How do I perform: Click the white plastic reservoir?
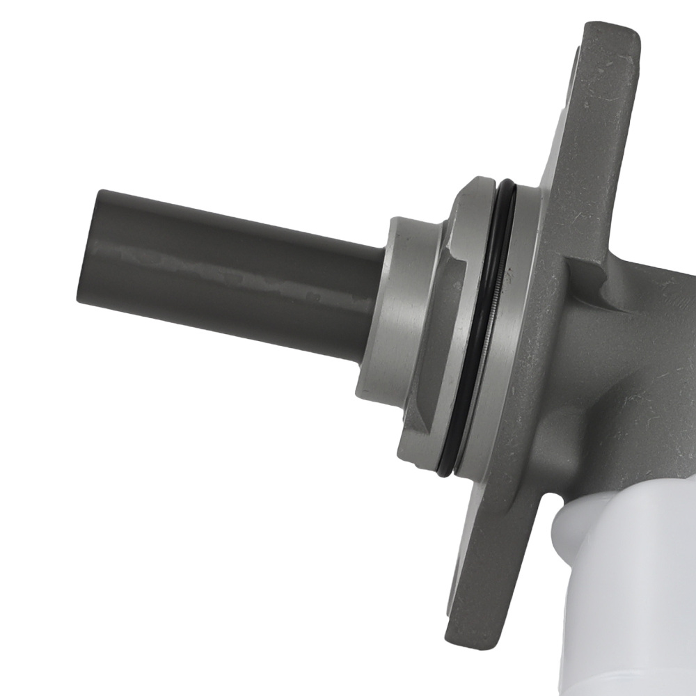[x=626, y=592]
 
